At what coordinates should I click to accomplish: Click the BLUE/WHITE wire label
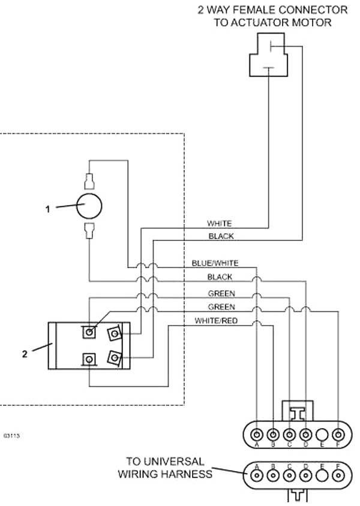pos(215,263)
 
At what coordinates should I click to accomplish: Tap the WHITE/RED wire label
pos(215,321)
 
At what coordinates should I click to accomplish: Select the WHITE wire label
pos(219,223)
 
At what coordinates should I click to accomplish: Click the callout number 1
pos(48,209)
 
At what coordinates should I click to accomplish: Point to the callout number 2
pos(25,354)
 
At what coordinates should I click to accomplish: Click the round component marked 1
pos(89,206)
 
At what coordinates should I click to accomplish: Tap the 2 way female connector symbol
pos(269,55)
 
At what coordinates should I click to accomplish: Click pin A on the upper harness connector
pos(257,435)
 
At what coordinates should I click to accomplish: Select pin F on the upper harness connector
pos(338,435)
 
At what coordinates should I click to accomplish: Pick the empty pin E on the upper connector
pos(322,435)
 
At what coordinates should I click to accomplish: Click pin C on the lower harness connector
pos(289,475)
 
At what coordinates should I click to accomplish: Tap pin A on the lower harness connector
pos(257,475)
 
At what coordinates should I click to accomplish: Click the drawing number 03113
pos(11,436)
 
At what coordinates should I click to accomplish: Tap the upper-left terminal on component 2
pos(89,332)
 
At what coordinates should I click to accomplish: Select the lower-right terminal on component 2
pos(115,357)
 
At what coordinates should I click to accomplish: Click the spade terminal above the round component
pos(89,181)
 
